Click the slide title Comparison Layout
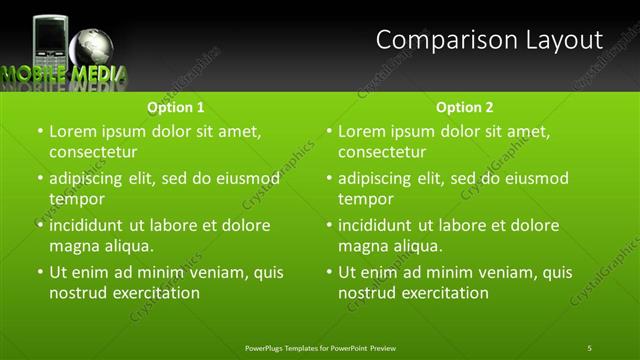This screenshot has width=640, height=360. pyautogui.click(x=489, y=40)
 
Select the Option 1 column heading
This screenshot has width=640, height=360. pyautogui.click(x=176, y=107)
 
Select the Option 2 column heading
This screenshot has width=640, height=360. pyautogui.click(x=465, y=107)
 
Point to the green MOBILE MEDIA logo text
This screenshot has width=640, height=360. pyautogui.click(x=63, y=73)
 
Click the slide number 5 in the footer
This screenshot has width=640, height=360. pyautogui.click(x=589, y=347)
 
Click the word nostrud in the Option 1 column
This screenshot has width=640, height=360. pyautogui.click(x=78, y=293)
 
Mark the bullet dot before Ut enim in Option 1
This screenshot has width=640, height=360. pyautogui.click(x=40, y=272)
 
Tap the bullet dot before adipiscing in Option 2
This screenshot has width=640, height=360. pyautogui.click(x=329, y=178)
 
